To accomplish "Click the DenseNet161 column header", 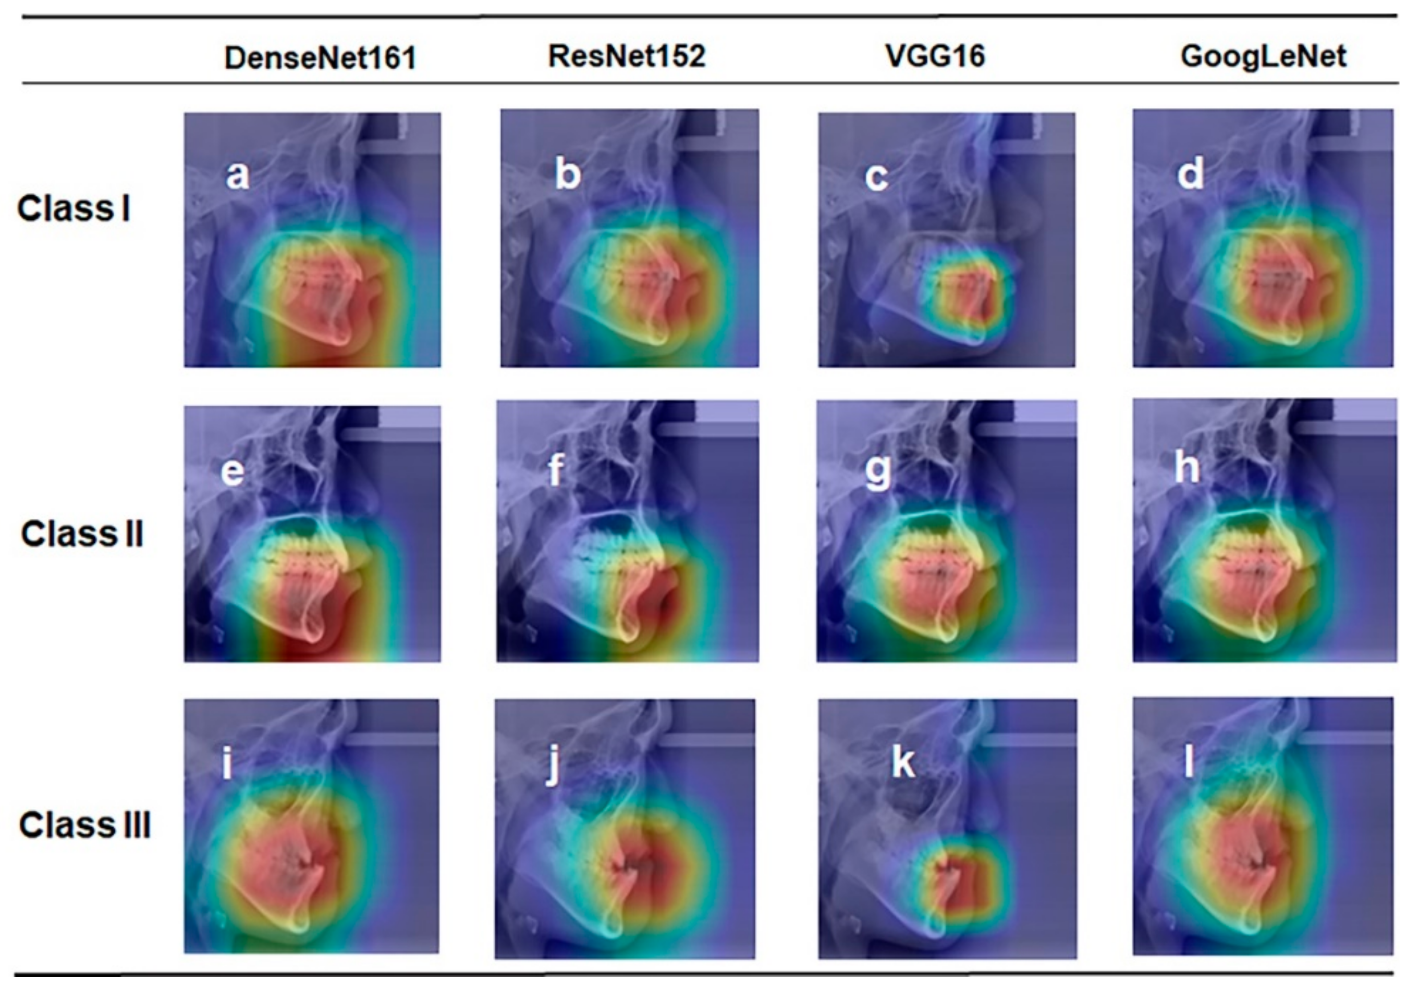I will tap(320, 58).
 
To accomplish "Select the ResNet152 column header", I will tap(627, 56).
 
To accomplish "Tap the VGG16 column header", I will tap(935, 56).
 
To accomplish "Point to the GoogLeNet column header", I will tap(1263, 56).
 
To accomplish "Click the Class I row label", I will tap(74, 208).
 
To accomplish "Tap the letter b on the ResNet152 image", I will tap(567, 173).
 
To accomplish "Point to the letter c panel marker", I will tap(876, 177).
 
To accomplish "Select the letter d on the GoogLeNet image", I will tap(1190, 173).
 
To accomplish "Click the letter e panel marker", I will tap(233, 472).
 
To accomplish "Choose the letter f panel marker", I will tap(556, 469).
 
